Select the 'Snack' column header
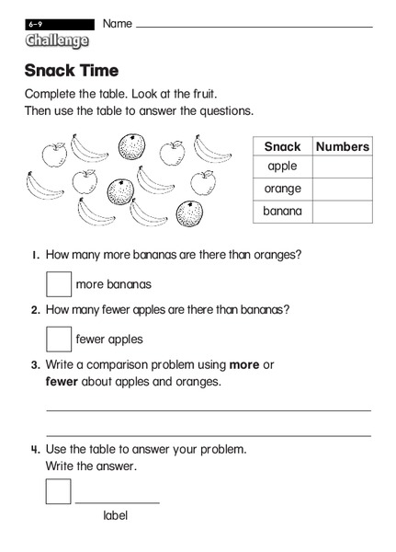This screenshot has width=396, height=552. [x=282, y=146]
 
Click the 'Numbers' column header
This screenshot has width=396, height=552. [x=342, y=146]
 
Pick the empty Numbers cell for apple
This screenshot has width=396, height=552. [x=342, y=167]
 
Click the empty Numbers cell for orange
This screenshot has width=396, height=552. [x=342, y=190]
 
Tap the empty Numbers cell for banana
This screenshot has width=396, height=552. [x=342, y=212]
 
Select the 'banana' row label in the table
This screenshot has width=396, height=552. [x=282, y=212]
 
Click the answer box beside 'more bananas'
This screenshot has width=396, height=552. [x=59, y=283]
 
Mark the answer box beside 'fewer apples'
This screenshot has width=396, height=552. [x=59, y=339]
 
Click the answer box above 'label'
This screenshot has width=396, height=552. [x=59, y=490]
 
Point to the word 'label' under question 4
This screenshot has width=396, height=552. [x=115, y=515]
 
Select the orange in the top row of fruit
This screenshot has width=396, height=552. [x=131, y=146]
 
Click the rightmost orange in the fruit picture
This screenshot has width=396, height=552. [x=190, y=213]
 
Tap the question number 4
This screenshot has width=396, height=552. [x=35, y=450]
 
